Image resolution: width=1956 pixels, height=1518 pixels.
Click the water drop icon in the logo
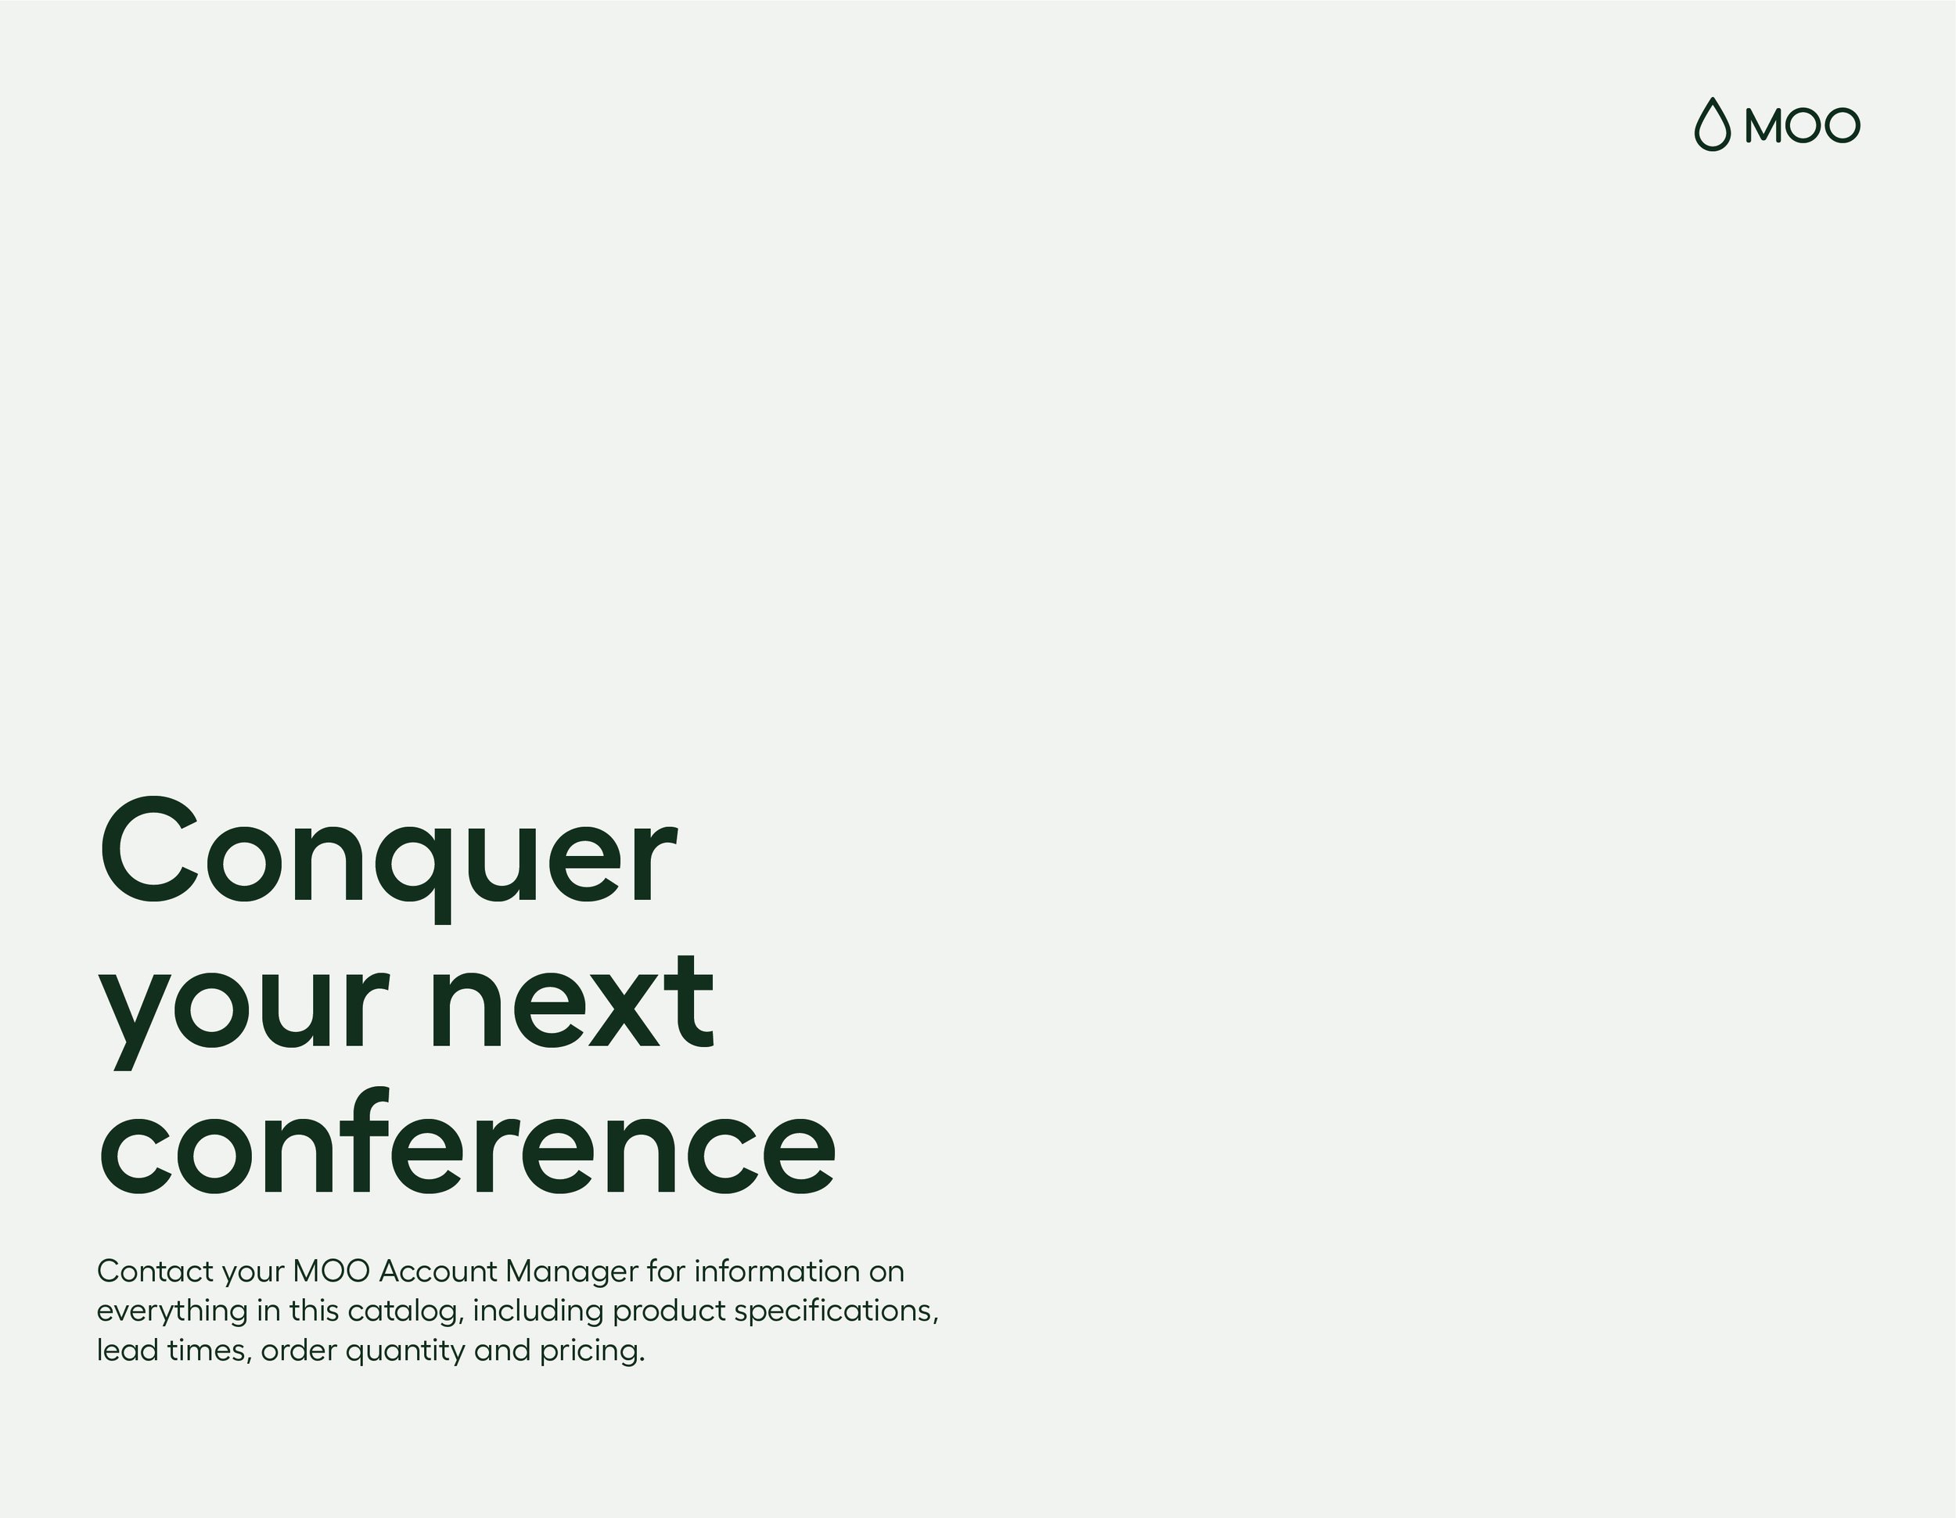1712,124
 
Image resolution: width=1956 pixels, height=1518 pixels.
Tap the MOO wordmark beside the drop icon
1802,125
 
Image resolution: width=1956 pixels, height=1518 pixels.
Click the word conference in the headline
466,1146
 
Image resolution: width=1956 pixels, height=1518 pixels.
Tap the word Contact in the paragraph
155,1272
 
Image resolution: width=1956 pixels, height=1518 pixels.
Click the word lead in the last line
126,1351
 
